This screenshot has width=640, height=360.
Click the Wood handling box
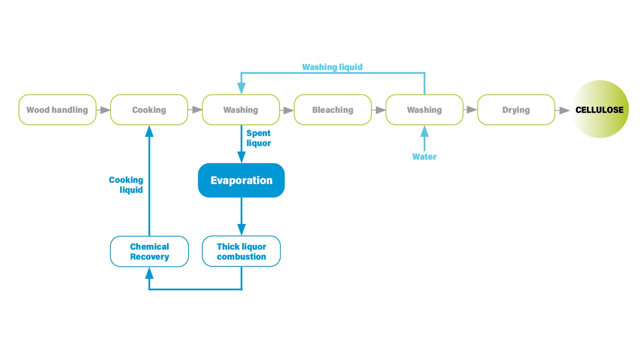pos(57,110)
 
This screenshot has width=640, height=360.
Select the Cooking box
pos(149,110)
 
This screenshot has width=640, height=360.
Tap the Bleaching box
pos(333,110)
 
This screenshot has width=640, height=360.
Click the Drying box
pos(516,110)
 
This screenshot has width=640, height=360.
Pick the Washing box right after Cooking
pos(241,110)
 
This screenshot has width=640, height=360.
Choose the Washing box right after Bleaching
pos(424,110)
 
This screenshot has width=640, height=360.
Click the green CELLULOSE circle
pos(600,109)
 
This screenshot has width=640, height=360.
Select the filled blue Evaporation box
pos(241,180)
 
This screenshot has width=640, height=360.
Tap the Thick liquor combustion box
pos(241,251)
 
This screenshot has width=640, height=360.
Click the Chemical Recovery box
pos(149,251)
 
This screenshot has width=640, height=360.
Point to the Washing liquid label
pos(332,67)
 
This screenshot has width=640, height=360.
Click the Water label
pos(424,157)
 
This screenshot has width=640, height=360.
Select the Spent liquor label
pos(259,138)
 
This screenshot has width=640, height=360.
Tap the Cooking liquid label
pos(126,185)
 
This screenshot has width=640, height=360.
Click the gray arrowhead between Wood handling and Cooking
pos(105,110)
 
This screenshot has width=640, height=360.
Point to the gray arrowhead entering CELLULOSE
pos(564,110)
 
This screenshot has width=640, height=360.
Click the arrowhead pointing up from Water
pos(424,131)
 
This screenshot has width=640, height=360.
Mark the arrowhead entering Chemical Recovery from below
pos(149,273)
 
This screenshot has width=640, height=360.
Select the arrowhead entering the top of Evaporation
pos(241,157)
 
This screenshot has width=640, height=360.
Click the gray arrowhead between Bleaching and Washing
pos(380,110)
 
